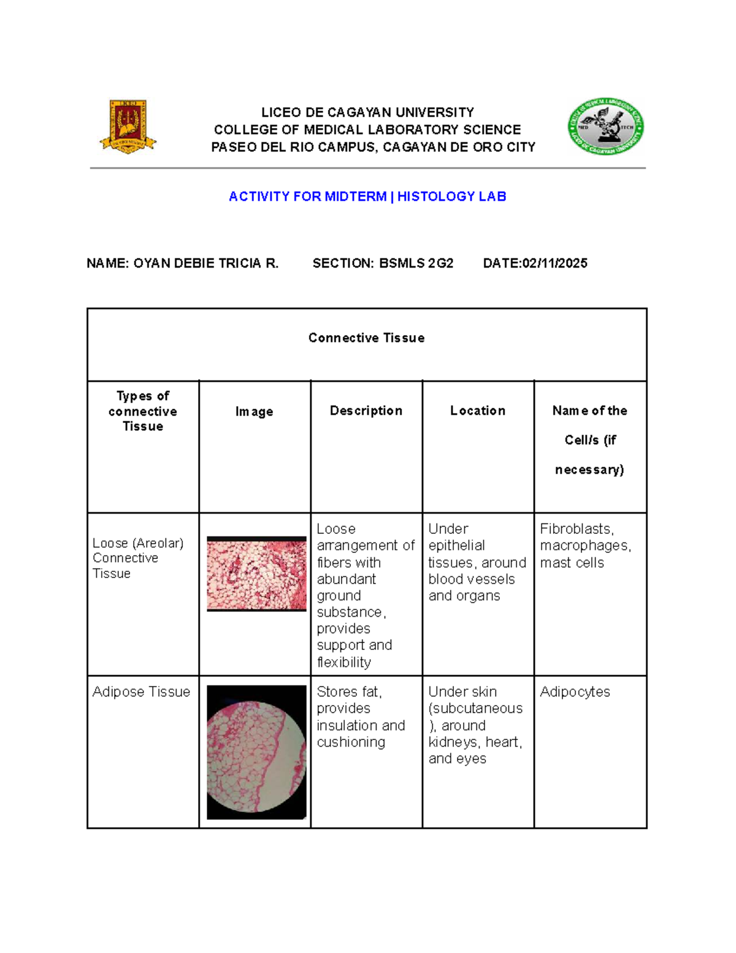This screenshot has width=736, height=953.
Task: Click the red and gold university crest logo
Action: click(128, 126)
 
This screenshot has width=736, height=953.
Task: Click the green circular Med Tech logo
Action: click(605, 126)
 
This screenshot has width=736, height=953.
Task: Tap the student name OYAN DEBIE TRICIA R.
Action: click(205, 263)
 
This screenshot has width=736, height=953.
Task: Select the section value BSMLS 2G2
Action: click(416, 263)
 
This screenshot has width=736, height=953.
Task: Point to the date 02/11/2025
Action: click(554, 263)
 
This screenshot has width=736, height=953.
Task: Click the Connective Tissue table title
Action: click(366, 338)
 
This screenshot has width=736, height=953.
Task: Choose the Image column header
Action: click(254, 412)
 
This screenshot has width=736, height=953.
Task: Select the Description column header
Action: click(366, 411)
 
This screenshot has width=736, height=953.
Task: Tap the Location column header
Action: click(478, 411)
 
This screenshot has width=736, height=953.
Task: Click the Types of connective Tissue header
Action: click(143, 411)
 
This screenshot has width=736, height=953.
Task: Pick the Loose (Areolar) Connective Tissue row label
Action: click(138, 558)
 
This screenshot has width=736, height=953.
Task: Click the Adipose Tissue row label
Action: click(141, 692)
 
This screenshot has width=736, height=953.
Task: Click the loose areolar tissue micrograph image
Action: click(256, 574)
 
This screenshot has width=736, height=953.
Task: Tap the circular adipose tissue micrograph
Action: click(256, 752)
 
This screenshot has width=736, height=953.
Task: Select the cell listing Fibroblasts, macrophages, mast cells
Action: click(585, 546)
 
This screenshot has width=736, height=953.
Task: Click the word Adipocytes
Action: click(575, 692)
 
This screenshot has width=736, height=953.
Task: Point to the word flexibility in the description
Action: click(343, 662)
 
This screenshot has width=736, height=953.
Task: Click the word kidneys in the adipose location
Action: click(454, 742)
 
